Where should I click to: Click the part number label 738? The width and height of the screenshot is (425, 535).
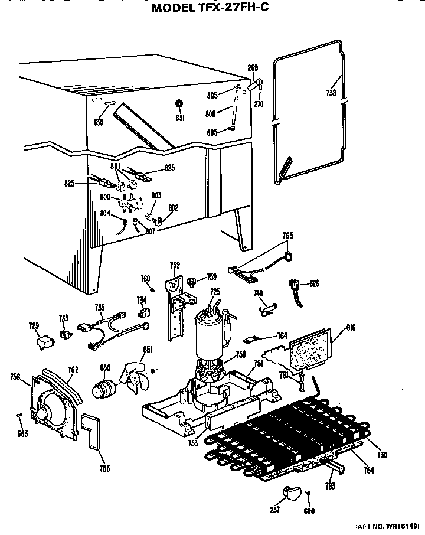point(331,93)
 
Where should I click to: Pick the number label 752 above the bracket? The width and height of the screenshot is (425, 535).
point(175,265)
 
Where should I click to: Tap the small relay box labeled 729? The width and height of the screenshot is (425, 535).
point(42,341)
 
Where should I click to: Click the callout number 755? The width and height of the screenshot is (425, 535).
point(104,469)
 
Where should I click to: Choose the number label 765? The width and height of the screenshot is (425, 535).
point(287,236)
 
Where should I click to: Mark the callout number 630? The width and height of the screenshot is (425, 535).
point(99,122)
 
